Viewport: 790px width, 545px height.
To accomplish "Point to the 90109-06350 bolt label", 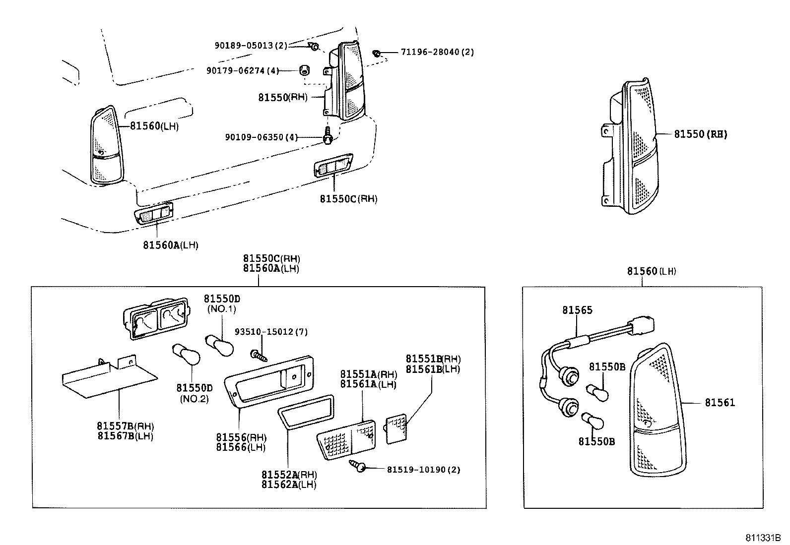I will pyautogui.click(x=261, y=137).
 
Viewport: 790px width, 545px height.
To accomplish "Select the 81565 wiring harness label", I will pyautogui.click(x=577, y=310).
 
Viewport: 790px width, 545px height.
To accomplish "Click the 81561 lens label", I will pyautogui.click(x=720, y=403).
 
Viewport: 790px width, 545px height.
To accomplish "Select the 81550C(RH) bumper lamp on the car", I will pyautogui.click(x=333, y=166).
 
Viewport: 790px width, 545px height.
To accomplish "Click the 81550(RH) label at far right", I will pyautogui.click(x=700, y=134).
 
